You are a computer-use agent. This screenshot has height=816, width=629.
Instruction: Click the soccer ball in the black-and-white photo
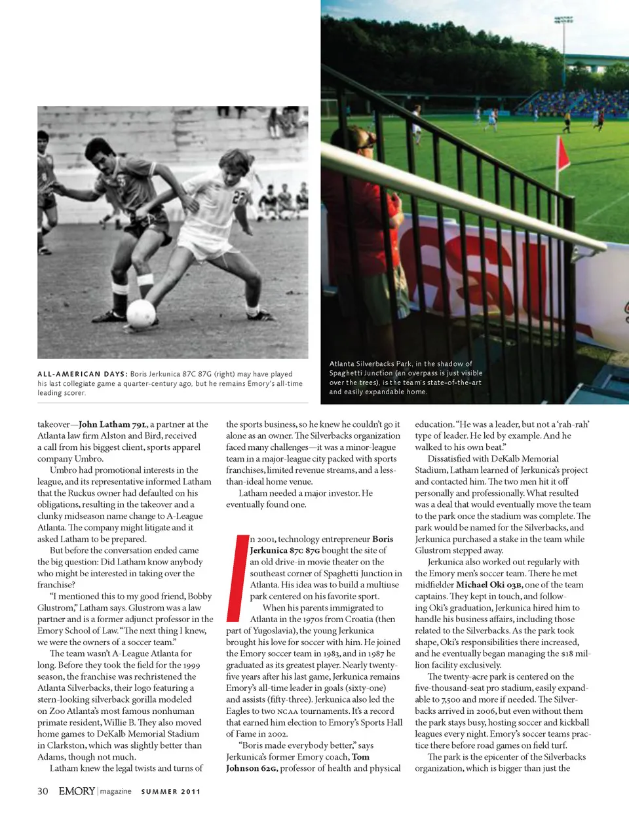point(141,313)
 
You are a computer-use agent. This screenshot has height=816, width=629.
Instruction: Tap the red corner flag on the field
point(562,155)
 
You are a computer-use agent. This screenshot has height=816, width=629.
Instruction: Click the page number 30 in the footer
point(43,791)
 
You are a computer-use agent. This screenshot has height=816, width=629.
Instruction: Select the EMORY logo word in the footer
point(77,791)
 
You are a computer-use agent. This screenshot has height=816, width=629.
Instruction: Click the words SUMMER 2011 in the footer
point(171,792)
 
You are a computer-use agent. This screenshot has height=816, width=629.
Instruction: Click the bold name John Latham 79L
point(113,424)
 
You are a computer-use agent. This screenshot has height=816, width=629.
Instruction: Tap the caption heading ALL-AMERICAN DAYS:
point(82,374)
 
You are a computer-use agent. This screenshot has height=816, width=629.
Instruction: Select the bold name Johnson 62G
point(251,768)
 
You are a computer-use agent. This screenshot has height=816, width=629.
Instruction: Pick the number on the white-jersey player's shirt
point(239,196)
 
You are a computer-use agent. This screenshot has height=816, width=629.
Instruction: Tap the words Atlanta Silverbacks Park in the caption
point(370,363)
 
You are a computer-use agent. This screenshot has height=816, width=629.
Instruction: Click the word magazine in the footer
point(116,792)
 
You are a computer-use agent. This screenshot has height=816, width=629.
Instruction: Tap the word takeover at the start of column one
point(53,424)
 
